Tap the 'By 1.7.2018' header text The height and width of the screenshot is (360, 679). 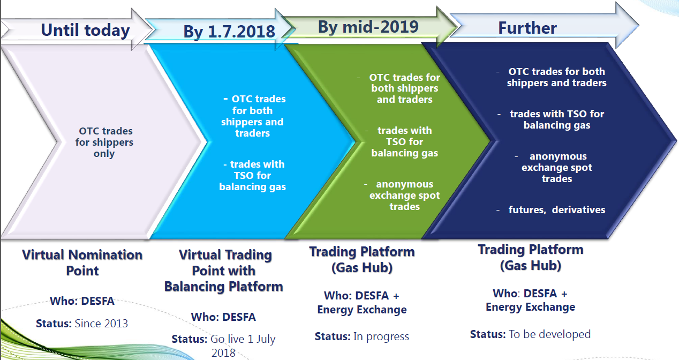coord(229,31)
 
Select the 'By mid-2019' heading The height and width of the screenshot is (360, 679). coord(368,27)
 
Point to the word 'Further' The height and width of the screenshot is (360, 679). coord(527,28)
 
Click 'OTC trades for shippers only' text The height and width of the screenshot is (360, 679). coord(104,142)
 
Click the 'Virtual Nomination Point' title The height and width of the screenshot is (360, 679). coord(82,262)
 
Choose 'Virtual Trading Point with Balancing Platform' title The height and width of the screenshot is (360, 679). coord(224,271)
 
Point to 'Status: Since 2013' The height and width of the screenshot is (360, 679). coord(82,323)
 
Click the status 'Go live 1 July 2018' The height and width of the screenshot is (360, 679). coord(224,346)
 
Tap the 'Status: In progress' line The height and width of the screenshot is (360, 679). coord(362,336)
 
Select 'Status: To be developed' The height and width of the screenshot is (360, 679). coord(531,334)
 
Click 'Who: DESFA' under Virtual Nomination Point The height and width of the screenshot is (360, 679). coord(82,301)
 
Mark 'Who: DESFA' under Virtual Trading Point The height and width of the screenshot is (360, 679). coord(223,317)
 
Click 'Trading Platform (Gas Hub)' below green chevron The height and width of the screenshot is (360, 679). coord(362,260)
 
